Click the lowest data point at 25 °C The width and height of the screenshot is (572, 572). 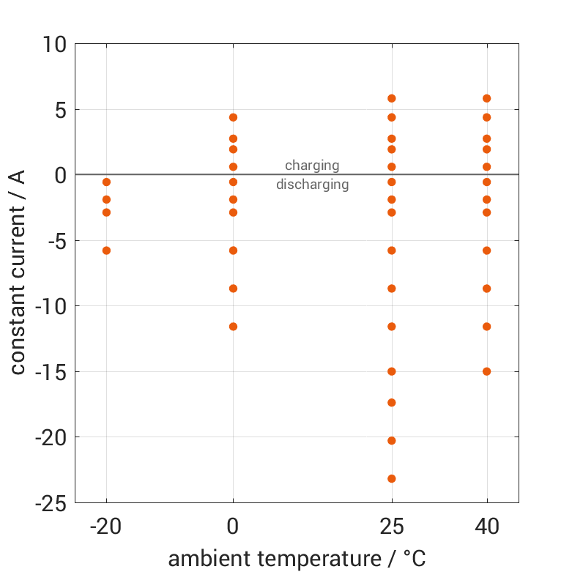point(392,479)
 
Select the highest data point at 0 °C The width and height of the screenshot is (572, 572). point(233,117)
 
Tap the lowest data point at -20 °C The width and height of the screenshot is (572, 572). point(106,250)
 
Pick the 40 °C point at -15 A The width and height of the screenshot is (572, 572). point(487,371)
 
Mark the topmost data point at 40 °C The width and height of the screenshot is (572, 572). point(487,98)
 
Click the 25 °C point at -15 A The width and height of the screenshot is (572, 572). point(392,371)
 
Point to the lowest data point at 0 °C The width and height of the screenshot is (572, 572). point(233,327)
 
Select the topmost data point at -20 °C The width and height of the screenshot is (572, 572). point(106,182)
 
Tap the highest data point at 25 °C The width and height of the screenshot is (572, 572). point(392,98)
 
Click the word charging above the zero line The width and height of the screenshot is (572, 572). point(312,166)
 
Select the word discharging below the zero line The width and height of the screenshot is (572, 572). point(312,185)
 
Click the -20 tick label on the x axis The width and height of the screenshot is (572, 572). point(106,526)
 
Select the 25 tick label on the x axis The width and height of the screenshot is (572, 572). point(392,526)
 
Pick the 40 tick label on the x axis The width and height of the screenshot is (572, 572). point(487,526)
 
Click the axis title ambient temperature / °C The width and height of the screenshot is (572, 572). point(297,559)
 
